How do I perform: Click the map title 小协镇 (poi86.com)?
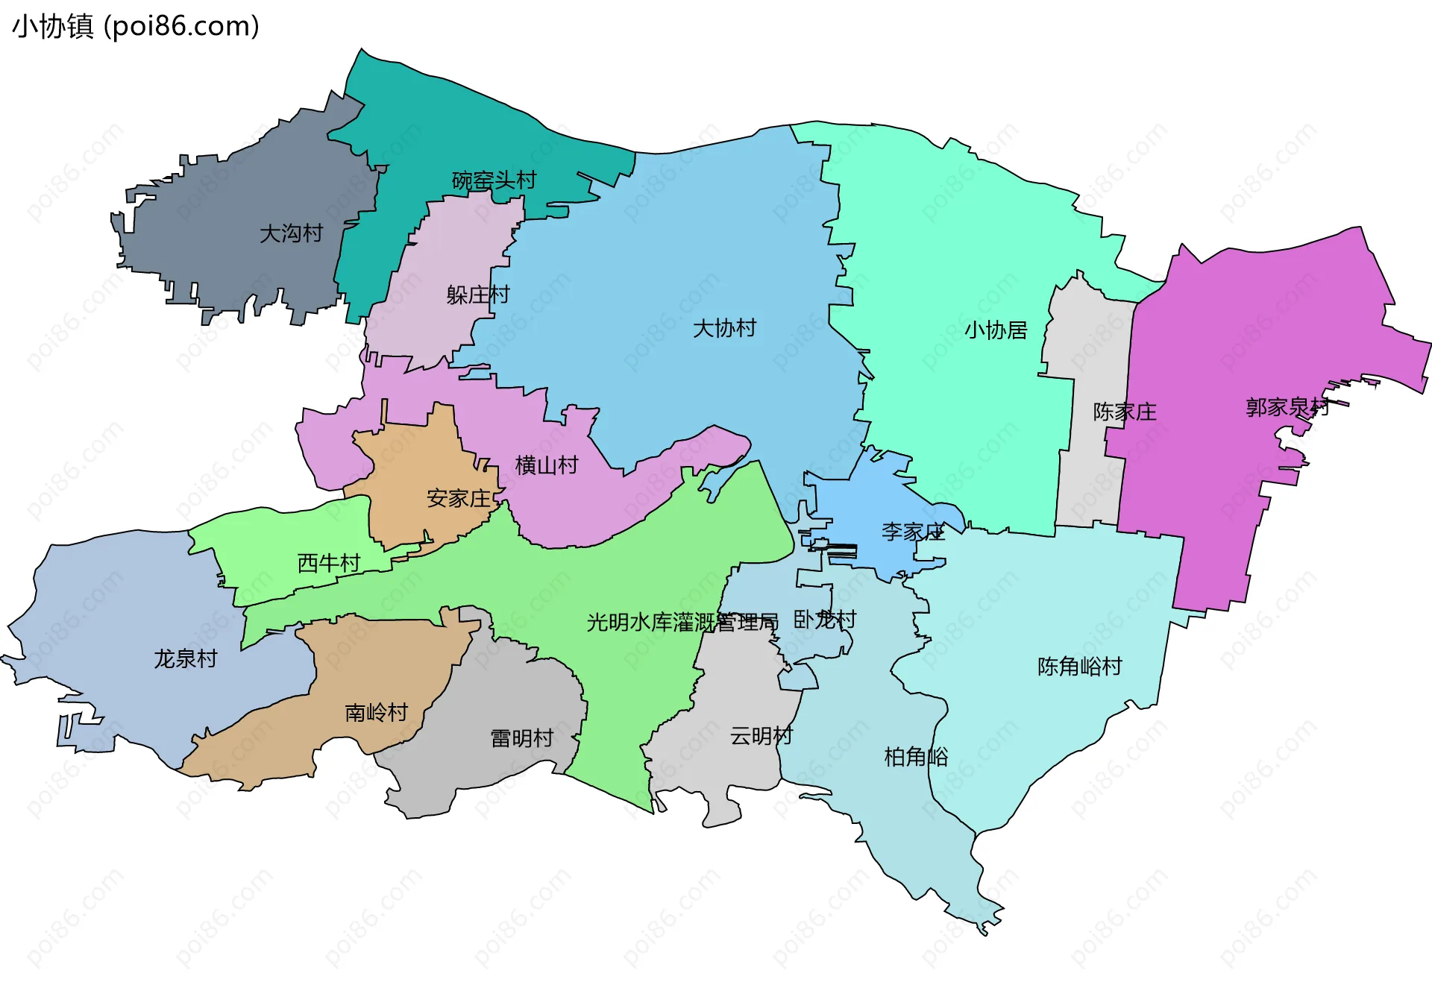[x=136, y=26]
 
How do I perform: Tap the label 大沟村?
[x=291, y=233]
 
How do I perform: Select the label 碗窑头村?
[x=494, y=180]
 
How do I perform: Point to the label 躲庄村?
[x=477, y=295]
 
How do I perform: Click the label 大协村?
[x=724, y=328]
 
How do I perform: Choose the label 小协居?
[x=996, y=330]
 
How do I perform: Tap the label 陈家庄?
[x=1124, y=412]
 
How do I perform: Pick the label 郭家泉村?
[x=1287, y=407]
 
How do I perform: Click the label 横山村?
[x=547, y=465]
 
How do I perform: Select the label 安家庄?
[x=459, y=498]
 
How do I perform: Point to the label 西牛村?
[x=329, y=563]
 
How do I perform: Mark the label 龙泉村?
[x=186, y=658]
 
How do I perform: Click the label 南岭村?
[x=377, y=713]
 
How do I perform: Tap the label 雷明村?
[x=522, y=738]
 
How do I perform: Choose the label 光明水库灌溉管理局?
[x=682, y=622]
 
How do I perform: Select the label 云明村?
[x=761, y=736]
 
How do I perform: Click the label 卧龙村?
[x=824, y=619]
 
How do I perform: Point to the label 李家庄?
[x=913, y=532]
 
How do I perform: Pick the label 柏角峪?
[x=916, y=757]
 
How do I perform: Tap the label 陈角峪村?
[x=1079, y=666]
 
